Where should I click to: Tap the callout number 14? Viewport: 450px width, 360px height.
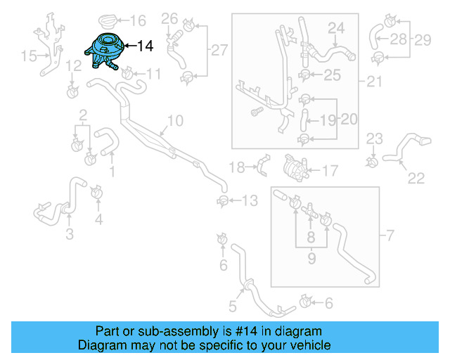click(145, 46)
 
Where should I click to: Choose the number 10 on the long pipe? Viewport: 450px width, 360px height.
click(174, 121)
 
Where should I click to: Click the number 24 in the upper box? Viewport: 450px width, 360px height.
click(337, 27)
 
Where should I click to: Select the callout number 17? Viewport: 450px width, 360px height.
click(330, 170)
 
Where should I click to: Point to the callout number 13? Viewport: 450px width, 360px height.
click(250, 202)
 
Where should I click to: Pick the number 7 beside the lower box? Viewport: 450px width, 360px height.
click(391, 233)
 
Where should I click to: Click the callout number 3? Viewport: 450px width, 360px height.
click(69, 234)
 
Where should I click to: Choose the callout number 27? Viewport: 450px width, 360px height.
click(219, 49)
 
